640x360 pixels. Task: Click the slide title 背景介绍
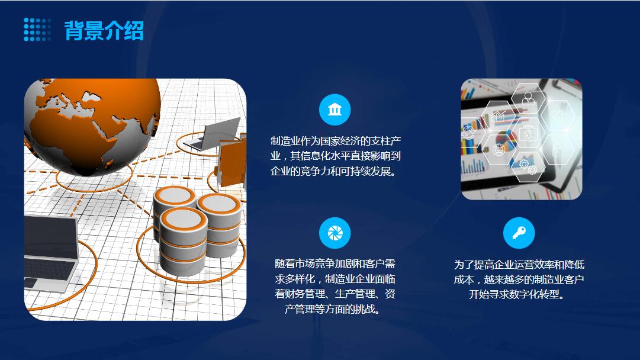click(104, 30)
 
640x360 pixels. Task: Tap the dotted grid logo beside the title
click(37, 30)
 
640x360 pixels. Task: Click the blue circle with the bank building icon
click(335, 110)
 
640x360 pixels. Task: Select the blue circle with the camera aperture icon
click(335, 233)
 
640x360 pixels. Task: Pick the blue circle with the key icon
click(519, 233)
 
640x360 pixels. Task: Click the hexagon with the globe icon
click(499, 150)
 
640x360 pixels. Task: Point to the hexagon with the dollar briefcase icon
click(528, 133)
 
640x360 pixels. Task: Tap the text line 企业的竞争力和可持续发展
click(333, 172)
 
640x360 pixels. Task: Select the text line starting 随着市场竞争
click(335, 263)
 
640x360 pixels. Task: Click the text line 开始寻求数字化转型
click(516, 294)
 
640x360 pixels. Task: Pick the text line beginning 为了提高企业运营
click(519, 265)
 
